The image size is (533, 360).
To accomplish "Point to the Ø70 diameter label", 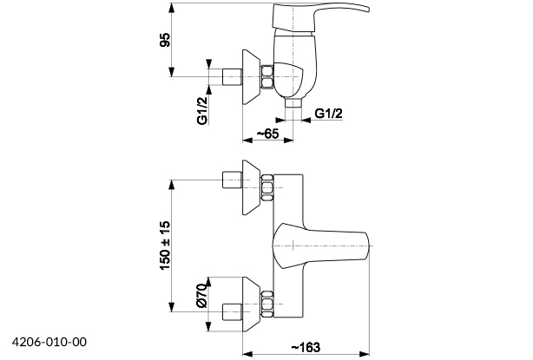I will [x=201, y=298].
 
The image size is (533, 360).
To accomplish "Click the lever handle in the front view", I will [x=321, y=245].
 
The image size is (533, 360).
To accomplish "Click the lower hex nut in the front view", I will [x=267, y=306].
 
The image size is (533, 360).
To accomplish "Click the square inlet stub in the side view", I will [x=232, y=75].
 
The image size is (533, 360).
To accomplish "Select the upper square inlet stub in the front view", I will [x=232, y=182].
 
